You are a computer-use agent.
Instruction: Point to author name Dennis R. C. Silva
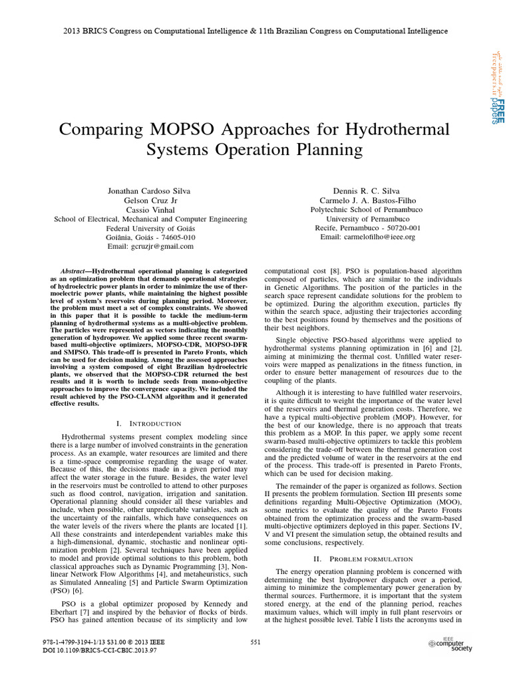point(367,191)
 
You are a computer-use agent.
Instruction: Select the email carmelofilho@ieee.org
point(367,237)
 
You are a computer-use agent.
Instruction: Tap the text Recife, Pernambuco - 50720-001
point(367,227)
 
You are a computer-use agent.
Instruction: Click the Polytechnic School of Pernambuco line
point(367,209)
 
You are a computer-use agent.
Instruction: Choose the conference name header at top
point(255,31)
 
